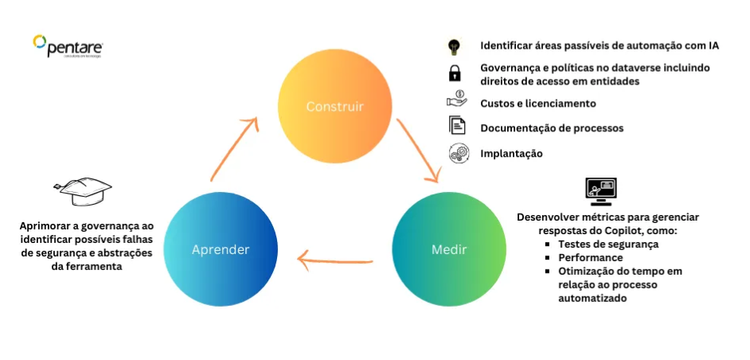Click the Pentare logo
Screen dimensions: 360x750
tap(68, 45)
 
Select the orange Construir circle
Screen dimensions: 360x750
tap(336, 107)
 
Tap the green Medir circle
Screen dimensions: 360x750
tap(449, 249)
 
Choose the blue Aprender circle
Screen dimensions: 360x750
tap(221, 249)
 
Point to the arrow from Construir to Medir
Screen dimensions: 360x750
tap(420, 151)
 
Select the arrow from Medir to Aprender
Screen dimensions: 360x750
tap(334, 259)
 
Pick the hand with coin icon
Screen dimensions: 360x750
tap(456, 100)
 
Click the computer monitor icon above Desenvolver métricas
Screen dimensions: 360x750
tap(601, 190)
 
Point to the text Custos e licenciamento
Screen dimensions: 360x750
tap(537, 104)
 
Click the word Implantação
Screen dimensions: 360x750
tap(511, 154)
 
